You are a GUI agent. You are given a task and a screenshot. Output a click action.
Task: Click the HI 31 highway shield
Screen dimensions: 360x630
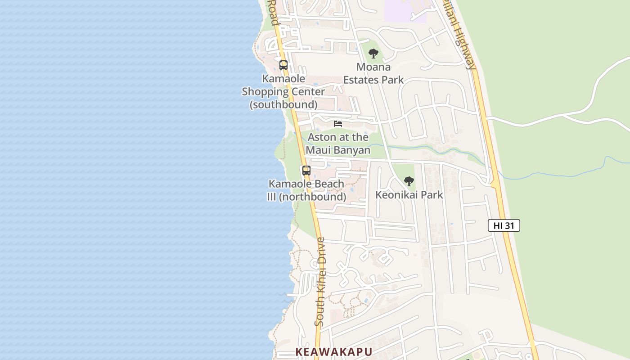coord(504,225)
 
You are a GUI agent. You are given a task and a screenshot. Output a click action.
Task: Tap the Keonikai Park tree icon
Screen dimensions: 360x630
coord(409,181)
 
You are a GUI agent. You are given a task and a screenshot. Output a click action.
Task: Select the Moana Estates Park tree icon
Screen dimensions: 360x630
coord(373,54)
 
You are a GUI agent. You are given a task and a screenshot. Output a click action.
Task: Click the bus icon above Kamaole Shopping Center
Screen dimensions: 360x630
coord(283,65)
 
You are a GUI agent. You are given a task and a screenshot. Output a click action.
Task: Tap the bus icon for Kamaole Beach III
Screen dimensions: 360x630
coord(306,171)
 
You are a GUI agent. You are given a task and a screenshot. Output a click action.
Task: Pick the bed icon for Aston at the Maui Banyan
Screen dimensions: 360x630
coord(338,124)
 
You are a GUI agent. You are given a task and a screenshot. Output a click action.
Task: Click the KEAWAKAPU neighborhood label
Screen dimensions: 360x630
coord(333,352)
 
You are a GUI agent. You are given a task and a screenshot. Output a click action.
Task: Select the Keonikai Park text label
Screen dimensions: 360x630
coord(409,195)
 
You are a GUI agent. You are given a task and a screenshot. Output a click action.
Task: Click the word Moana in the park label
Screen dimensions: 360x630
coord(373,67)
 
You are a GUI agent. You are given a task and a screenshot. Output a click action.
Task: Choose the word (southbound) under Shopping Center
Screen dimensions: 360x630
coord(283,104)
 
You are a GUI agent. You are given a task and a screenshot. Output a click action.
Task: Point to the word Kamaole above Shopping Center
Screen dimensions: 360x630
coord(283,79)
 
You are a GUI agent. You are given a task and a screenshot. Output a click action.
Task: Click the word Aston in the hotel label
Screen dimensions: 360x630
coord(321,137)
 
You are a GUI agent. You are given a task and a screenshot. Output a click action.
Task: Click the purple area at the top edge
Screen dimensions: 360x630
coord(405,11)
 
